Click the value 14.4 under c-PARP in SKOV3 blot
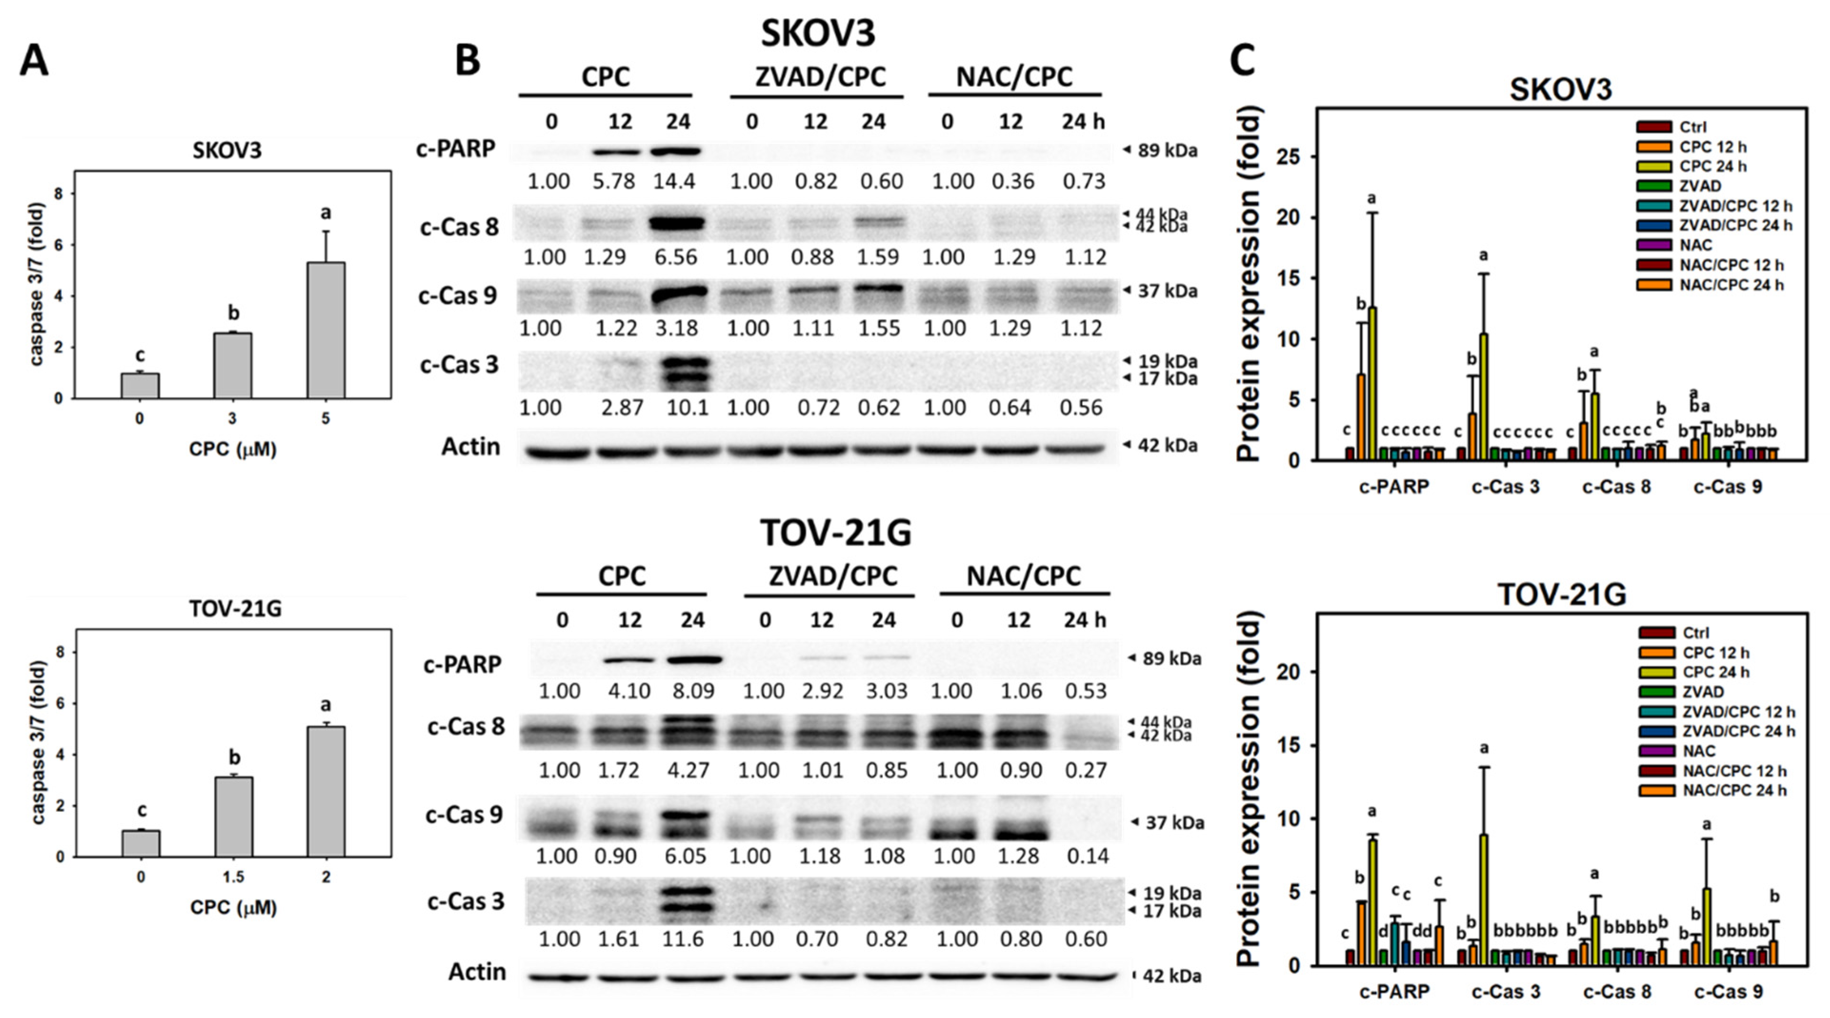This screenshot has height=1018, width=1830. [675, 181]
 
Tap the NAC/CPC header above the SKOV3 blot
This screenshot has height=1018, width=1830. [1014, 77]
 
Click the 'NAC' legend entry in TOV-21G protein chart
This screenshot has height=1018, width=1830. [1699, 751]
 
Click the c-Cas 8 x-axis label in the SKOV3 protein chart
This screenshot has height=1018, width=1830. [1617, 487]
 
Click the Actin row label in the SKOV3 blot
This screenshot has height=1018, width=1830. [470, 447]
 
